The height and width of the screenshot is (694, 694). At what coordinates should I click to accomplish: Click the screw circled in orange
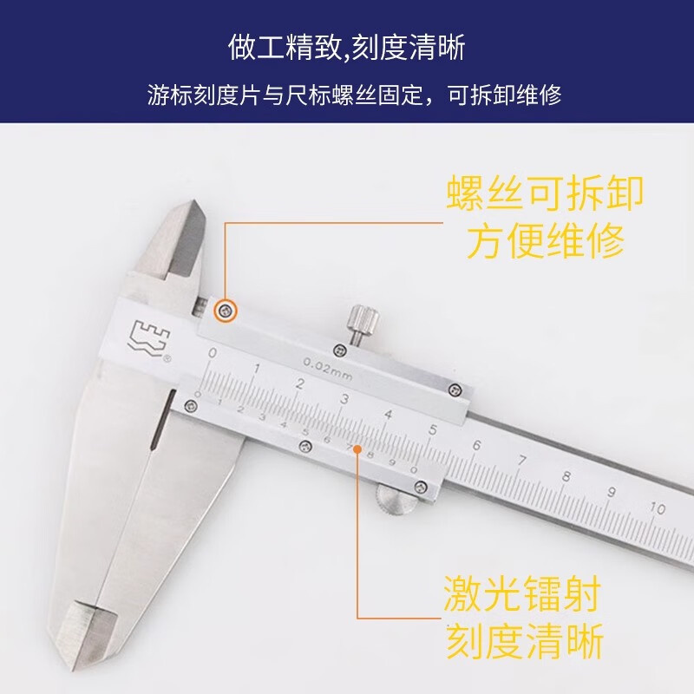click(226, 311)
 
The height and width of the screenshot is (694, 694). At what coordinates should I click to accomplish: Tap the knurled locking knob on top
click(363, 320)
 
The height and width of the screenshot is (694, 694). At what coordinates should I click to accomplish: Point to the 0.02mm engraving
click(328, 370)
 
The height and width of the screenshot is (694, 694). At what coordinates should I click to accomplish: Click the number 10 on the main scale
click(658, 508)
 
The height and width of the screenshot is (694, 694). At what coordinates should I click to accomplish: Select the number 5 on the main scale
click(433, 429)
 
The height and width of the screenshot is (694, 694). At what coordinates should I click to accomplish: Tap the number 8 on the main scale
click(566, 476)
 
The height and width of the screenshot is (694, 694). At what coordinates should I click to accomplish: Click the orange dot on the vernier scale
click(357, 449)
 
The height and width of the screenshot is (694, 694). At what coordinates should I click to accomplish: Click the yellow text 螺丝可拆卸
click(545, 193)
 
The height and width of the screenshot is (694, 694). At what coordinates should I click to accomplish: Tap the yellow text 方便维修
click(546, 240)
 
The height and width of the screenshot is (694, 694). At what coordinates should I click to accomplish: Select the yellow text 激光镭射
click(522, 594)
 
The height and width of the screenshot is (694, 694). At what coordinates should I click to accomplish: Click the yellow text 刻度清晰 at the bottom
click(525, 641)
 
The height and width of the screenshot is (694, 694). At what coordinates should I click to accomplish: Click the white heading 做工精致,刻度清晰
click(346, 48)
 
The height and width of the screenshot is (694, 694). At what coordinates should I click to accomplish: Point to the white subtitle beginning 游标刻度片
click(355, 95)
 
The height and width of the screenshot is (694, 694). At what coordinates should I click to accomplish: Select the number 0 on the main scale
click(213, 353)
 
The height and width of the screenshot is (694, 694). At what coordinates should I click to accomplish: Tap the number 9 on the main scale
click(612, 492)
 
